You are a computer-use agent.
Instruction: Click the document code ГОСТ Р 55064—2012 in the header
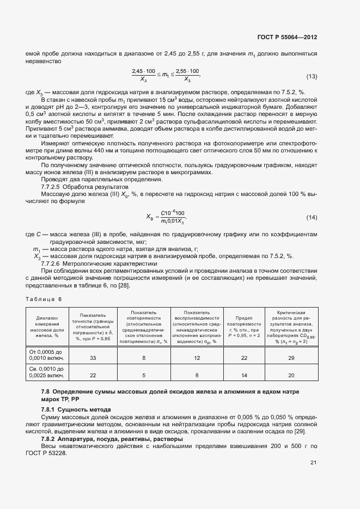pos(287,38)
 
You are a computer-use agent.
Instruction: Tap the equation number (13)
pos(312,76)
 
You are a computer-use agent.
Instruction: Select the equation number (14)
pos(312,218)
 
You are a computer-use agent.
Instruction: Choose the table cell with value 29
pos(291,358)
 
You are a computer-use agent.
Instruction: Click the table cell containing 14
pos(244,376)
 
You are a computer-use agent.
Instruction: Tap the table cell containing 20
pos(291,376)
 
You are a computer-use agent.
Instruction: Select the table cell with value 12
pos(197,358)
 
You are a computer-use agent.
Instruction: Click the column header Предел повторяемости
pos(244,327)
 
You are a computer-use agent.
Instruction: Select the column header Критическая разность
pos(291,327)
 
